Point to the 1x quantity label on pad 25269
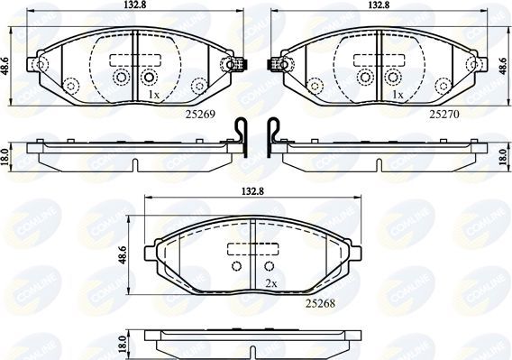(153, 95)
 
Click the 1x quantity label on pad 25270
(397, 95)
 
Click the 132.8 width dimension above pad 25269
(132, 6)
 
